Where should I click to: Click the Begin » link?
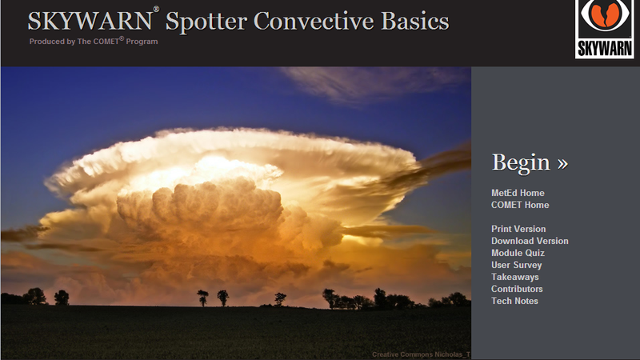click(530, 163)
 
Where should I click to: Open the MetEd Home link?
click(518, 193)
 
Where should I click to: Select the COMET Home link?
click(520, 205)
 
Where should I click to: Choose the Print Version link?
click(518, 229)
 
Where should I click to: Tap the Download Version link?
click(530, 241)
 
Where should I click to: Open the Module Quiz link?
click(518, 253)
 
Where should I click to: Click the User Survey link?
click(516, 266)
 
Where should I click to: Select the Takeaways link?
click(514, 277)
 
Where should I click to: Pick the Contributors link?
click(517, 289)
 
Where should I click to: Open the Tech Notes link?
click(514, 301)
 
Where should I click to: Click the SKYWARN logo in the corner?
click(605, 29)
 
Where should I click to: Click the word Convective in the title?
click(314, 22)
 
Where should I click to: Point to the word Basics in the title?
click(414, 22)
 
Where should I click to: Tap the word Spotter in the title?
click(206, 22)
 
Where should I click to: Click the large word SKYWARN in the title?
click(90, 22)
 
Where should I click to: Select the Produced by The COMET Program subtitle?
click(94, 42)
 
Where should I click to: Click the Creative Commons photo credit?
click(422, 354)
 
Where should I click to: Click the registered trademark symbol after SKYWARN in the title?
click(156, 9)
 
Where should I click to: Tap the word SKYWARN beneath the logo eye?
click(605, 49)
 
